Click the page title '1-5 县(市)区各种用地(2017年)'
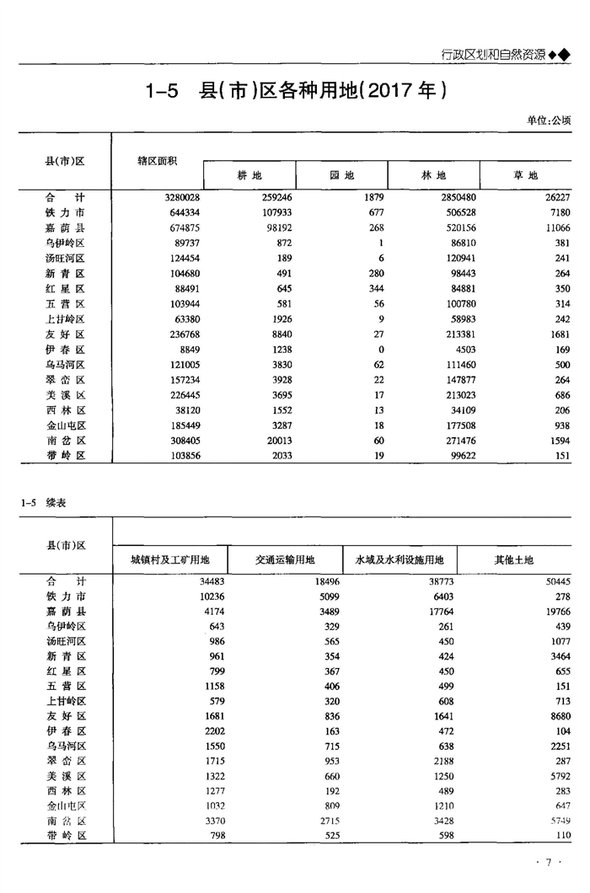[x=294, y=91]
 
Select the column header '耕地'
[x=249, y=175]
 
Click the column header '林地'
[x=433, y=175]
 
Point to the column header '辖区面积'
[x=158, y=160]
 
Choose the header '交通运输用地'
[x=285, y=560]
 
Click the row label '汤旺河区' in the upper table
[x=66, y=258]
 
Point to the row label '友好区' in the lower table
[x=66, y=716]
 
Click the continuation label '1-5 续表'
[x=44, y=503]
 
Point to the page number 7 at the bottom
[x=548, y=862]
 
